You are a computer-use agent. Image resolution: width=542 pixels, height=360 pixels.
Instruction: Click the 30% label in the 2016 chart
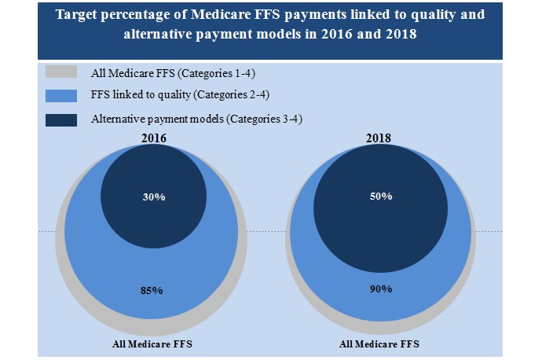[x=154, y=197]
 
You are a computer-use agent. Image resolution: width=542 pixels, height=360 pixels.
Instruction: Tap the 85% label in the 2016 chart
[x=152, y=290]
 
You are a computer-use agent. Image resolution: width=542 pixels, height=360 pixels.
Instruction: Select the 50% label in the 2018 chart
[x=381, y=196]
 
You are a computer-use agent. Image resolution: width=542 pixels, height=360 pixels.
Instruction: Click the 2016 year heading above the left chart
[x=153, y=139]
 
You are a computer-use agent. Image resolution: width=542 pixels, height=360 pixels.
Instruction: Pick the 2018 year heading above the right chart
[x=380, y=139]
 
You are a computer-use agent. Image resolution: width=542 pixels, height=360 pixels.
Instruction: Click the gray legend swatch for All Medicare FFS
[x=61, y=73]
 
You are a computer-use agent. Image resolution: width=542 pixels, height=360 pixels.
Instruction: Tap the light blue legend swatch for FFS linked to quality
[x=61, y=96]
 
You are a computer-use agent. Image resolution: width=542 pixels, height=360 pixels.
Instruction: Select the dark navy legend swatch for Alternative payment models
[x=61, y=119]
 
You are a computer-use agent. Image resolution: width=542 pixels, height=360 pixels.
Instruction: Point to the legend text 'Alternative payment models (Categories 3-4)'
[x=197, y=119]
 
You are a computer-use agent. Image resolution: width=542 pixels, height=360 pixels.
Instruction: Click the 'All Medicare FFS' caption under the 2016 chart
[x=152, y=344]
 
